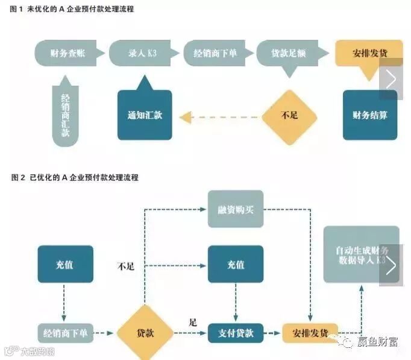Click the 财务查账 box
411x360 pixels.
(x=68, y=53)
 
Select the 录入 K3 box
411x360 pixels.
(x=143, y=53)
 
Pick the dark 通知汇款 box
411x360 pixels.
(x=145, y=115)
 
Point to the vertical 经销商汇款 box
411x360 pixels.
(x=65, y=115)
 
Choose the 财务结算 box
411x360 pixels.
(x=370, y=115)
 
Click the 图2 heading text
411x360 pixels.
(x=75, y=178)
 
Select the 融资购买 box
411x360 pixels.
(x=236, y=209)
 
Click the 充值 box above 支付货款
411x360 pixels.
(x=236, y=264)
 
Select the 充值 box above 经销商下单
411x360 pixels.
(x=65, y=264)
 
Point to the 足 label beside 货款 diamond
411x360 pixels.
(x=193, y=323)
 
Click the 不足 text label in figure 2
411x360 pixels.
(x=125, y=266)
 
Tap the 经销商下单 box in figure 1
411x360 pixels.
(x=215, y=53)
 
